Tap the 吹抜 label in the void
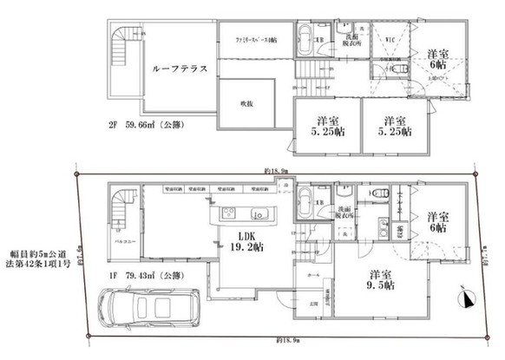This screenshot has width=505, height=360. pyautogui.click(x=246, y=104)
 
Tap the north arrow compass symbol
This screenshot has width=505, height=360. pyautogui.click(x=469, y=300)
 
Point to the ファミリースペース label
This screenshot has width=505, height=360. pyautogui.click(x=257, y=40)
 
